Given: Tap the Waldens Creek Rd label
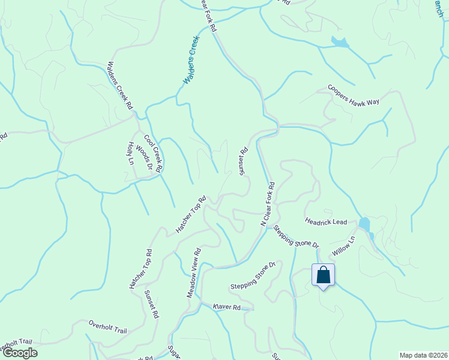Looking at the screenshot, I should click(119, 86).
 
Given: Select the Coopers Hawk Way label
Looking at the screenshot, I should click(354, 95).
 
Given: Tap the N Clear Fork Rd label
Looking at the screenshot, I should click(267, 204).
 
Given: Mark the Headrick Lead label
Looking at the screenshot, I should click(326, 222).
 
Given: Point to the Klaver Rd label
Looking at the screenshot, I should click(226, 307).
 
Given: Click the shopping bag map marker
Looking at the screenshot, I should click(323, 275).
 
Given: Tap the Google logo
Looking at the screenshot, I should click(19, 353).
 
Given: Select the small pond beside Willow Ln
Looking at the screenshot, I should click(364, 224).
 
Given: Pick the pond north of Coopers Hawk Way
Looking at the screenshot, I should click(339, 42).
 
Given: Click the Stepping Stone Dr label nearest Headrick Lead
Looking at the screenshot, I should click(296, 236).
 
